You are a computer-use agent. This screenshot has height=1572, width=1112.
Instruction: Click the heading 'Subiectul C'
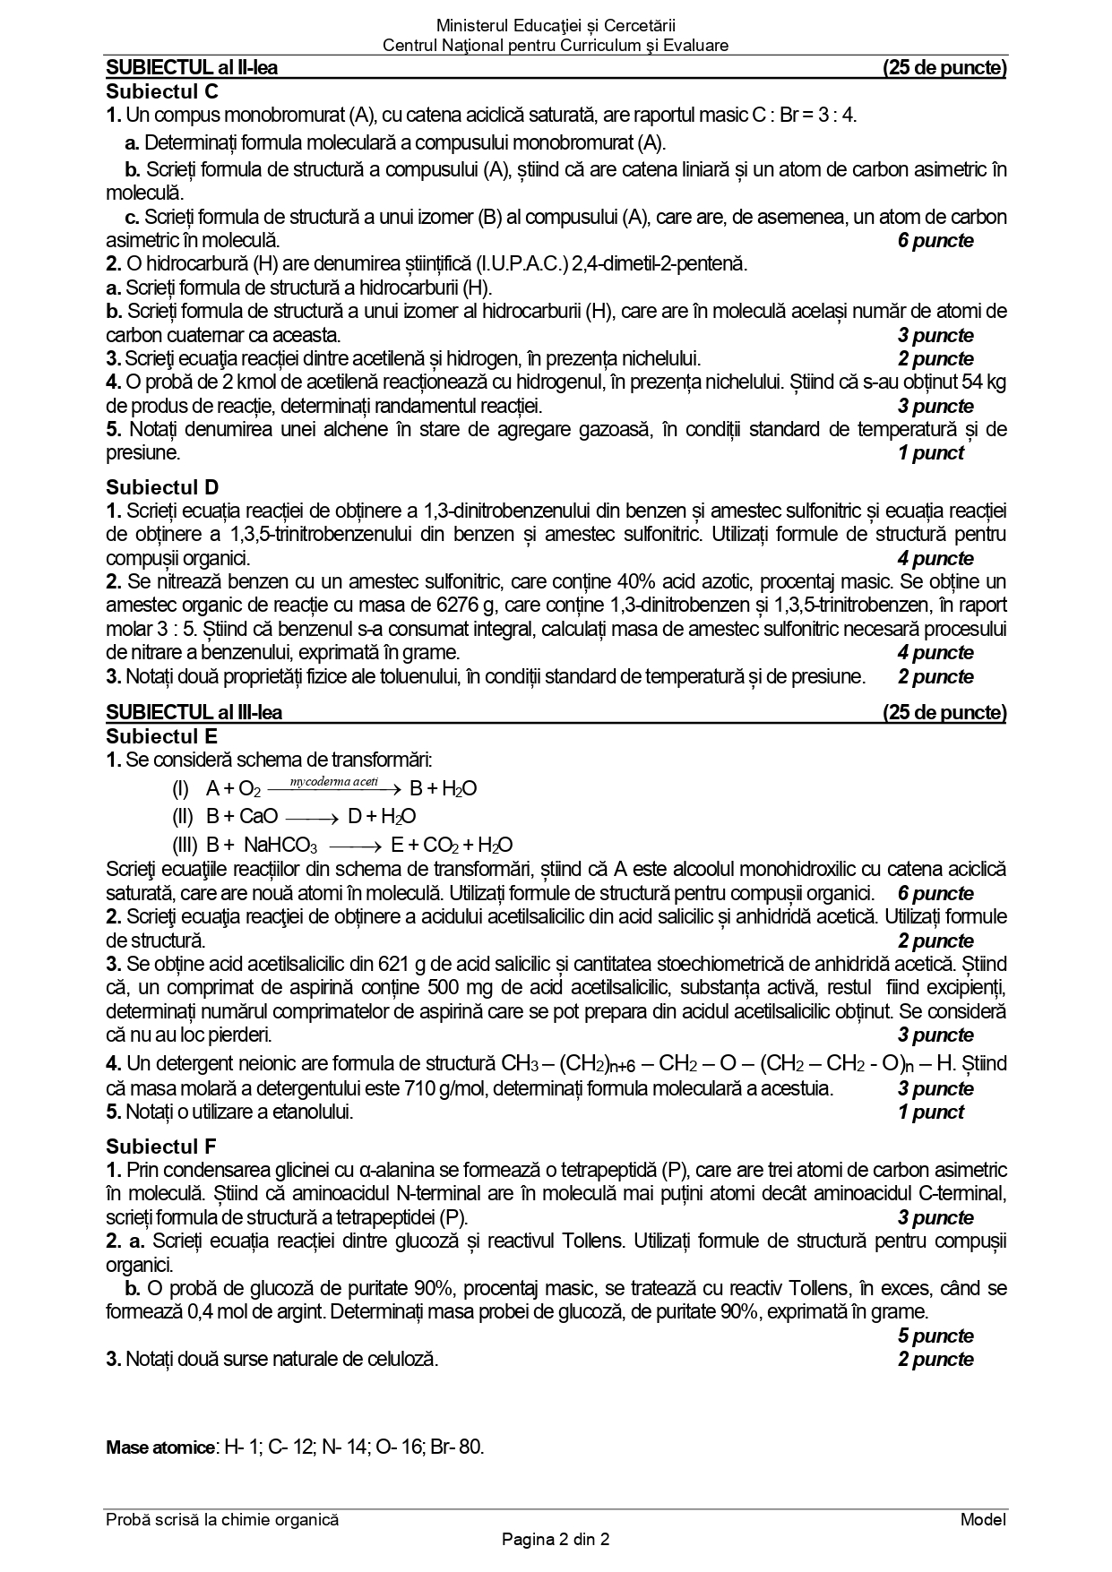coord(161,91)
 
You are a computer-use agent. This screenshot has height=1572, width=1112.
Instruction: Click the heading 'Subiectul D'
coord(161,487)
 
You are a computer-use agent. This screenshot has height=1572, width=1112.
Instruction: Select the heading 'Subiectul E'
coord(161,736)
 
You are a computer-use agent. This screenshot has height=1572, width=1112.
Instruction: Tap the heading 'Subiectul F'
coord(161,1146)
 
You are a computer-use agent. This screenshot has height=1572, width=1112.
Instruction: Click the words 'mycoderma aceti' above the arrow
coord(334,781)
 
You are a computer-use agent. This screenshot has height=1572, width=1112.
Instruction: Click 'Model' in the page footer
coord(983,1519)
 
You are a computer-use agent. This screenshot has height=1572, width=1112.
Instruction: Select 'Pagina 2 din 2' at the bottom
coord(556,1541)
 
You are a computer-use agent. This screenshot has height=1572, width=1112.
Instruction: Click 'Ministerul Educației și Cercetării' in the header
coord(556,26)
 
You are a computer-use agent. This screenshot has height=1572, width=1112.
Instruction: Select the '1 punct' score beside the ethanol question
coord(930,1112)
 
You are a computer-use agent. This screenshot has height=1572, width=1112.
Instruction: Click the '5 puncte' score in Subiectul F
coord(935,1336)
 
